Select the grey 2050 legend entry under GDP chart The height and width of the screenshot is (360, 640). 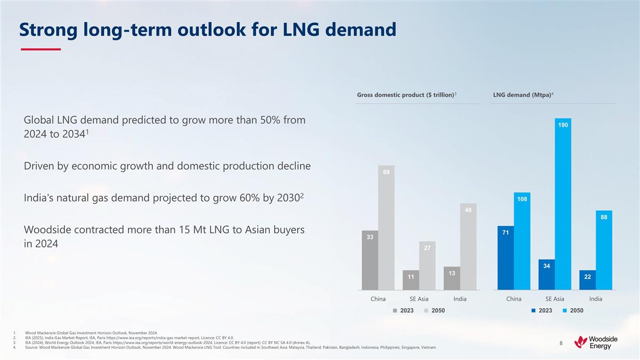[435, 311]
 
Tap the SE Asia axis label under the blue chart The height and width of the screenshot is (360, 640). [555, 299]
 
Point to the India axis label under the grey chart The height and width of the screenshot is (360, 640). [460, 299]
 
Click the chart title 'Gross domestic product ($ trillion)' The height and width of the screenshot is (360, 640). [405, 95]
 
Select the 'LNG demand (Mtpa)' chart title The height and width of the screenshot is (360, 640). [523, 95]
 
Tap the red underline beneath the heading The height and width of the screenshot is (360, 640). [41, 50]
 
